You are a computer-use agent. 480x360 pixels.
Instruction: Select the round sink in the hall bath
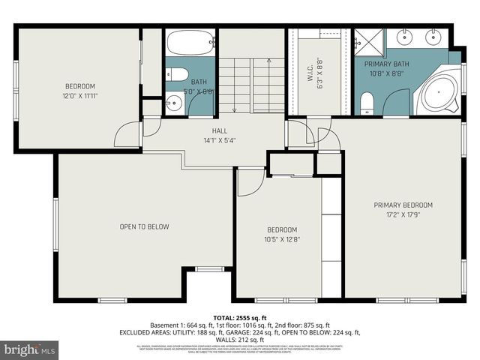point(174,103)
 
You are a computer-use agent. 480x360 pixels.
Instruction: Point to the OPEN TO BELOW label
point(144,226)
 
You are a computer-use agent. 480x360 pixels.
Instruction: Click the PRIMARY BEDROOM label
point(403,205)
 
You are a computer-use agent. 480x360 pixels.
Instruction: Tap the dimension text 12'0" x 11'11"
point(79,95)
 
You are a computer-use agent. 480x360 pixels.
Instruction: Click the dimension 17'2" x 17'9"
point(403,214)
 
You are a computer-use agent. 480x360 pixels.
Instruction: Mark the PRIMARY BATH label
point(386,64)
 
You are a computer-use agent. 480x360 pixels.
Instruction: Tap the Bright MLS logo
point(30,349)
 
